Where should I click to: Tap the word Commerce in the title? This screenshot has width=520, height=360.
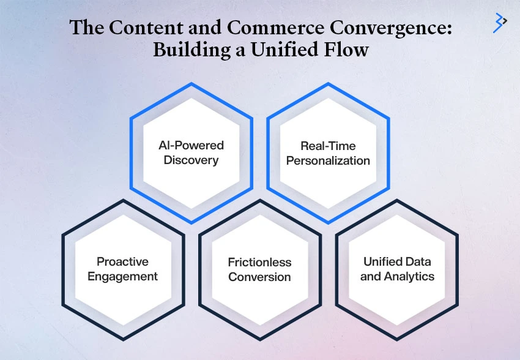(275, 27)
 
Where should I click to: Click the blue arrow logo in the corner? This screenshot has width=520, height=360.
(500, 23)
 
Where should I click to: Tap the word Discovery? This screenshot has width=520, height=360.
(191, 160)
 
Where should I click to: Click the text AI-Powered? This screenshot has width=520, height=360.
(191, 145)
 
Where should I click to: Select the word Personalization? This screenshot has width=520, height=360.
(328, 160)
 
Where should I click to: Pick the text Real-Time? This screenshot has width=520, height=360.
(328, 146)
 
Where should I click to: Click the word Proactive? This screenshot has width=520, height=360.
(123, 262)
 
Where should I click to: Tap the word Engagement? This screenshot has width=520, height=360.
(123, 277)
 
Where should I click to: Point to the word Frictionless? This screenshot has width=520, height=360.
(259, 263)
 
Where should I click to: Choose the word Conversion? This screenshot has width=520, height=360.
(259, 277)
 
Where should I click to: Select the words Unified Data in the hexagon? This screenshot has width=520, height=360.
(397, 262)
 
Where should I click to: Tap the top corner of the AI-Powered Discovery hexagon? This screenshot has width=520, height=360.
(191, 83)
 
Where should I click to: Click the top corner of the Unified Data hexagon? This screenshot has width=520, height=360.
(397, 200)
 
